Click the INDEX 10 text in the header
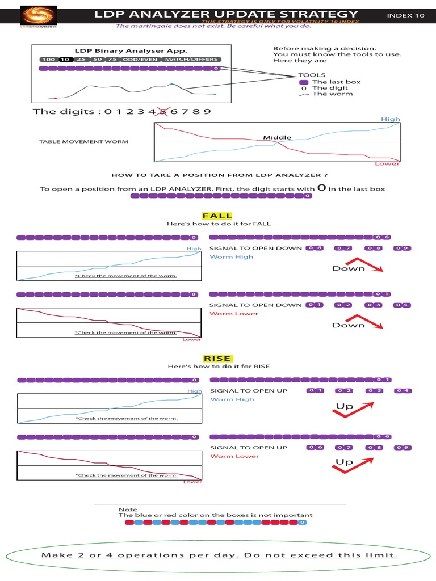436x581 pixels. [x=405, y=16]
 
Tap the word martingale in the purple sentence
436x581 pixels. [x=147, y=26]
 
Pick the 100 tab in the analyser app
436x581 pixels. [x=48, y=60]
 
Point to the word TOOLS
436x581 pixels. [x=312, y=75]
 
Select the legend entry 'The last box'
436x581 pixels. [x=336, y=82]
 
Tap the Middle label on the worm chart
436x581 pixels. [x=277, y=137]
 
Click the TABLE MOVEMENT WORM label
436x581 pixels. [x=83, y=141]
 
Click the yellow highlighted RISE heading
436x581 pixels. [x=217, y=358]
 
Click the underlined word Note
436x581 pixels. [x=125, y=510]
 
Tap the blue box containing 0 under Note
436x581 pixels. [x=301, y=522]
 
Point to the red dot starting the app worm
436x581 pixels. [x=55, y=98]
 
